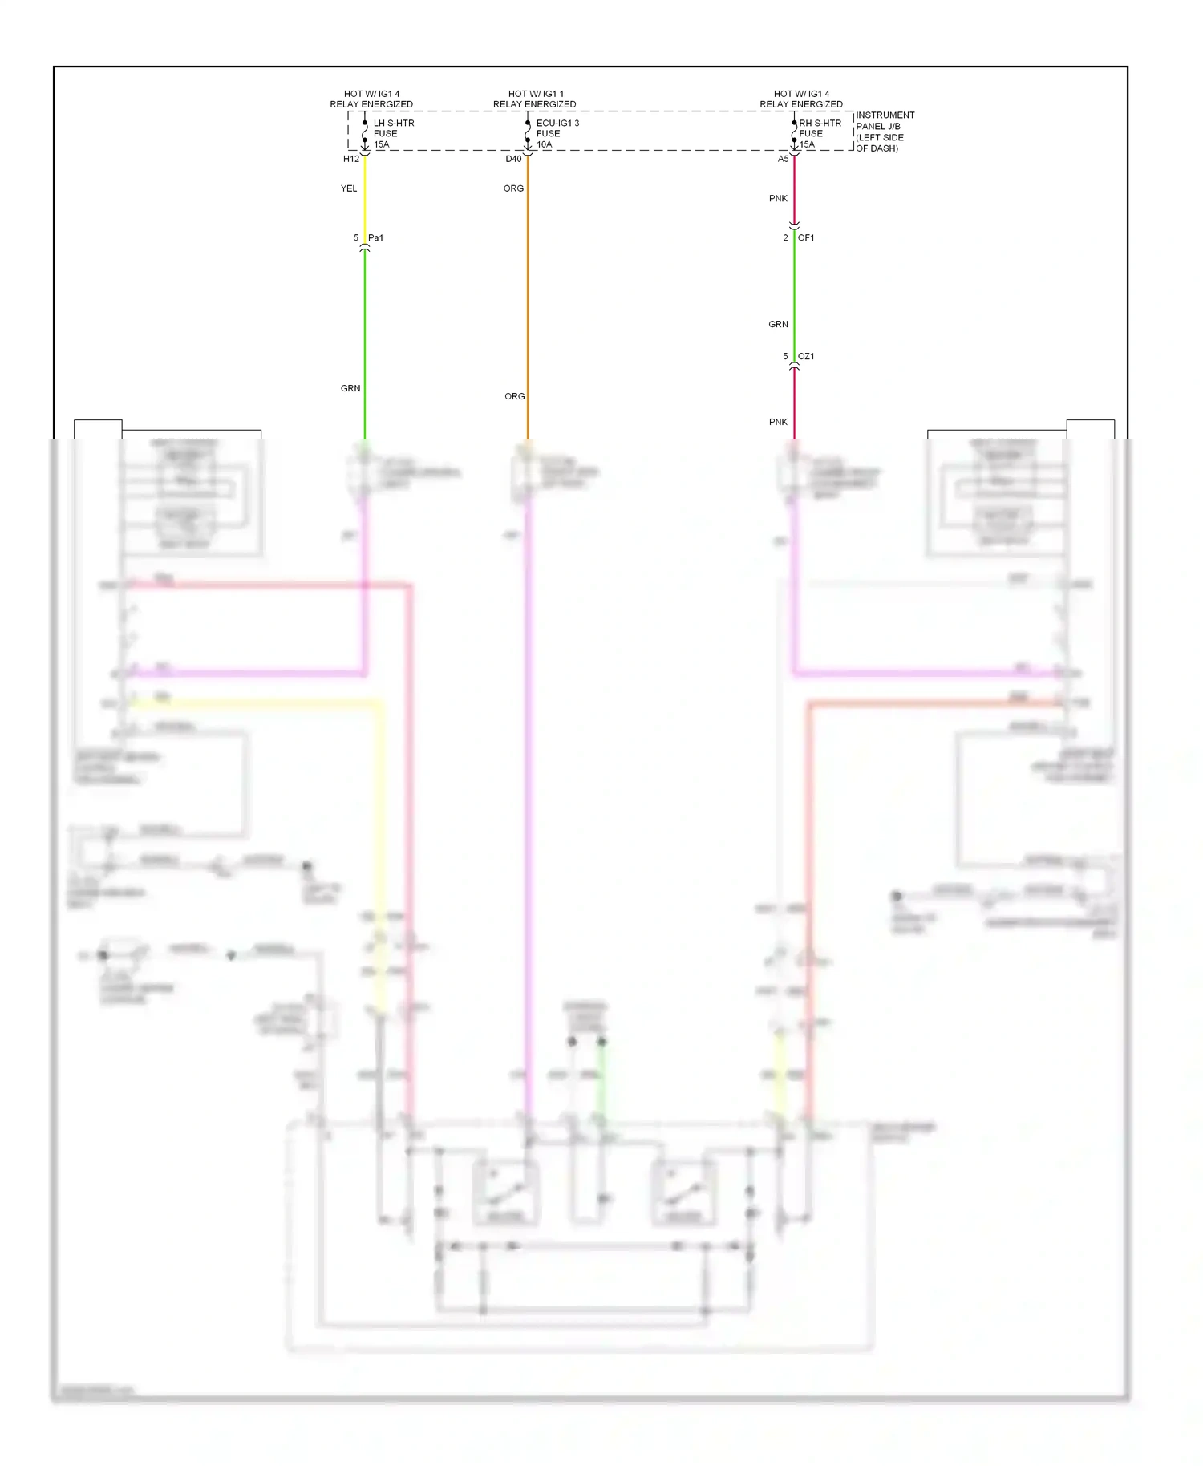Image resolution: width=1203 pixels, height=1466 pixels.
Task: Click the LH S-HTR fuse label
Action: [393, 133]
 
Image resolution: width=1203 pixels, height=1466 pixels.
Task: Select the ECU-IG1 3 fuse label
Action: [557, 133]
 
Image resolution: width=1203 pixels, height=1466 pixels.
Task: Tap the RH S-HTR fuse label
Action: [819, 133]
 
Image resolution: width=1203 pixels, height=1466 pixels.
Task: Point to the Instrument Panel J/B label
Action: [884, 132]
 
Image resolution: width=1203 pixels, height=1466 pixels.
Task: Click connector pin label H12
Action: [351, 159]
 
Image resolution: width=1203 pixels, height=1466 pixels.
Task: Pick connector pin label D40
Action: [513, 159]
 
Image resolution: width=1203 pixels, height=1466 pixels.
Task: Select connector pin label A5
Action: [784, 159]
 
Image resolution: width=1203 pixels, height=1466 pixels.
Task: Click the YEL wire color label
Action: [349, 188]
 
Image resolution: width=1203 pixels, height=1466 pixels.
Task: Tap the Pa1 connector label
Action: [375, 237]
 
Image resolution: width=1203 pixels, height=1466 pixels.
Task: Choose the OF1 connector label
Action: [806, 237]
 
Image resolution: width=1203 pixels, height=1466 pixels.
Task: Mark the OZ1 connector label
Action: [806, 356]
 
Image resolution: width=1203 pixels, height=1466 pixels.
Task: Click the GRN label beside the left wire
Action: [350, 388]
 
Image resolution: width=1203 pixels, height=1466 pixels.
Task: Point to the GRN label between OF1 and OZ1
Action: [778, 324]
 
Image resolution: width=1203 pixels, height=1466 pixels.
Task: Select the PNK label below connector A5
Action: [778, 198]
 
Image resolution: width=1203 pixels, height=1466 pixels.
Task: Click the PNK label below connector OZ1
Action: [778, 422]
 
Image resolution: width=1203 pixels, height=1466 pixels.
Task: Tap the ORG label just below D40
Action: [513, 188]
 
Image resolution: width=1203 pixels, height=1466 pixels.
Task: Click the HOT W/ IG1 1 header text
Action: [535, 94]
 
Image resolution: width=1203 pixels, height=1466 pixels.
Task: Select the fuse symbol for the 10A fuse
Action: [528, 132]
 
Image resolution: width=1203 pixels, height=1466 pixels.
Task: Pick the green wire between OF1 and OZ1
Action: [794, 297]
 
